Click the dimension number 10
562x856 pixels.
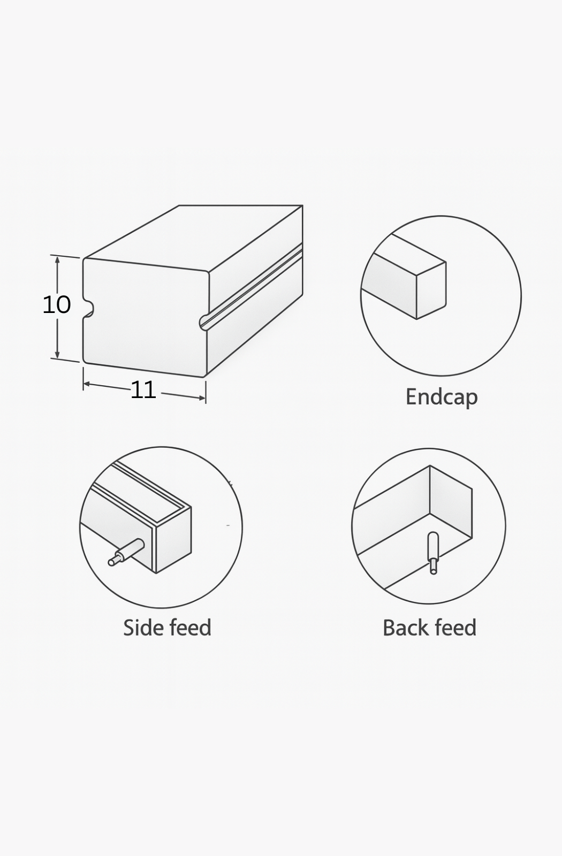[56, 305]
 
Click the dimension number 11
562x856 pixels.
[143, 390]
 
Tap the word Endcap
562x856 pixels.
[441, 397]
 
